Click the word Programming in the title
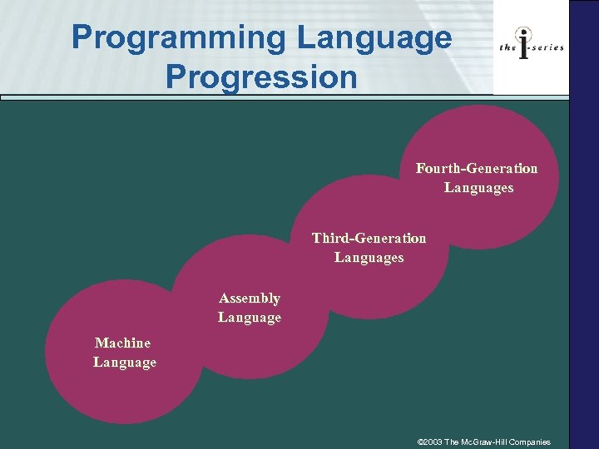point(177,37)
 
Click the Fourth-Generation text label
point(477,169)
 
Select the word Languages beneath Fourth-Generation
point(478,188)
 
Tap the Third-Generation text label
point(369,239)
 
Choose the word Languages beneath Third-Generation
point(369,258)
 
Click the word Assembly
point(249,299)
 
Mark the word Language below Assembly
point(249,318)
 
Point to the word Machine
point(123,343)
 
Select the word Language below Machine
point(124,363)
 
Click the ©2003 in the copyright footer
point(429,442)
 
